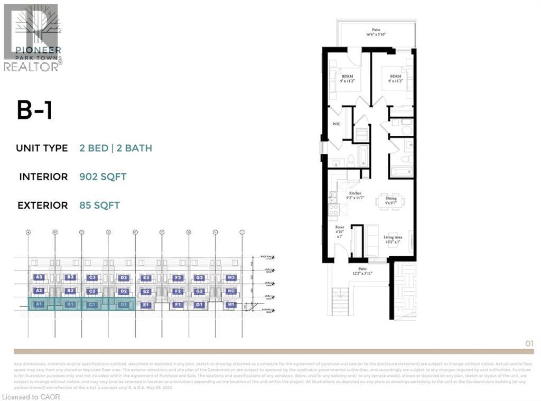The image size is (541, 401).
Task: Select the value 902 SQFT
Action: point(102,177)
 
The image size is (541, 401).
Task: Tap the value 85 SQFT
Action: point(99,206)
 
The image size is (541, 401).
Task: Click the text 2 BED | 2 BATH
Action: point(116,148)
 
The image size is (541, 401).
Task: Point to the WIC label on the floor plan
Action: point(336,124)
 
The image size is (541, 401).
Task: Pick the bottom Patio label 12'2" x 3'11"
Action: point(361,271)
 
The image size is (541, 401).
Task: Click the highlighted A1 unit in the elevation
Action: point(39,305)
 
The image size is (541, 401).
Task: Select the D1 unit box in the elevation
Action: point(124,305)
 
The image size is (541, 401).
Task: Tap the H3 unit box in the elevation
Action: point(230,277)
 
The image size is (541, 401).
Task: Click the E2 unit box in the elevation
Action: point(146,291)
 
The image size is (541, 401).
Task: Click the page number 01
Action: point(529,343)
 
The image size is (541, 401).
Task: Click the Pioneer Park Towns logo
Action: point(33,37)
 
